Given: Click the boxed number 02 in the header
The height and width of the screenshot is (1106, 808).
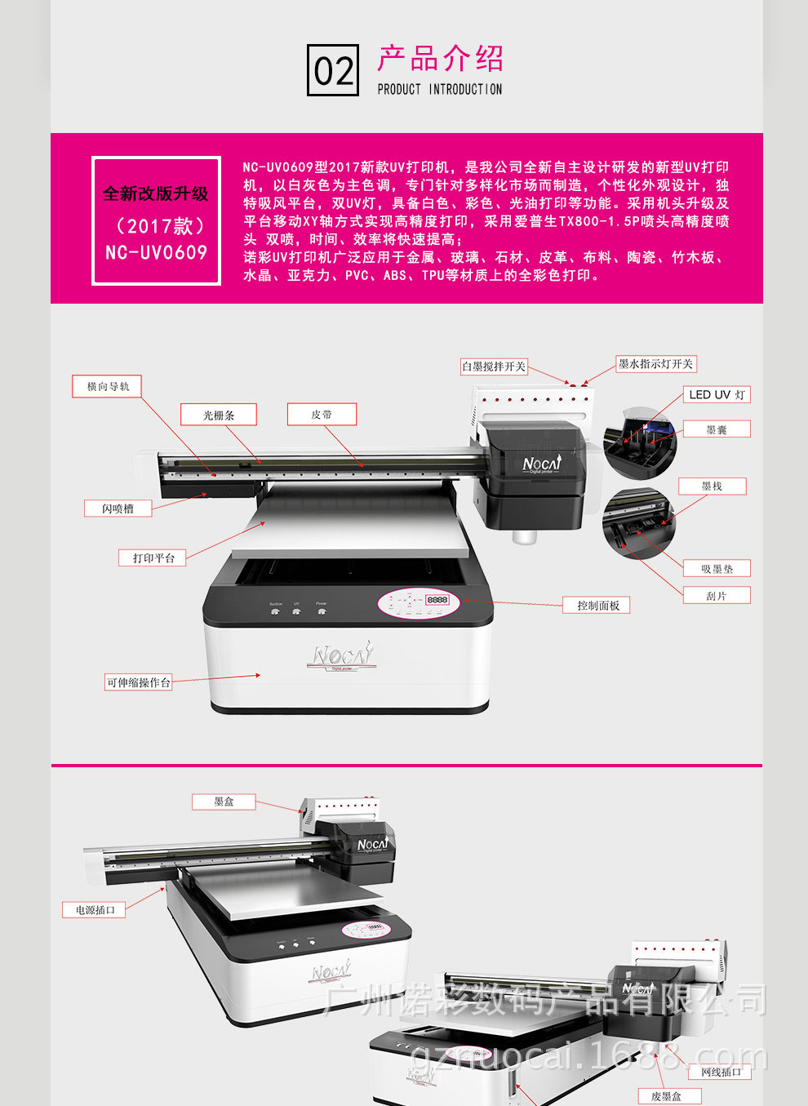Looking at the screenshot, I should pyautogui.click(x=333, y=71).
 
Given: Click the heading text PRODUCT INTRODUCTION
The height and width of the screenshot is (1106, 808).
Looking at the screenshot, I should pyautogui.click(x=439, y=89).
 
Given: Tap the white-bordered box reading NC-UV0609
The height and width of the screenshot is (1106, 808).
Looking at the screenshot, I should pyautogui.click(x=156, y=221).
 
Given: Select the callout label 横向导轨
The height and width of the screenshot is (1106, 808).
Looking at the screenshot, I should pyautogui.click(x=107, y=386).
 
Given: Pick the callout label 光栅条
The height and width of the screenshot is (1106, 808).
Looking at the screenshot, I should pyautogui.click(x=219, y=415).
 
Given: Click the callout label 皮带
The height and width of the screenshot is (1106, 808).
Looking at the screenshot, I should pyautogui.click(x=322, y=415).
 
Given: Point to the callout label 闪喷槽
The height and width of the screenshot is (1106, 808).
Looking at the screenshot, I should pyautogui.click(x=118, y=509).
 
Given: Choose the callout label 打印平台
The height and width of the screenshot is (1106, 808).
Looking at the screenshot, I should pyautogui.click(x=153, y=557).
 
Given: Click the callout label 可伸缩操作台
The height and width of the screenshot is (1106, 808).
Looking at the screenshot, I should pyautogui.click(x=138, y=682).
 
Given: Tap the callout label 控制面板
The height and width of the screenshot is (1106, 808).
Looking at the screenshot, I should pyautogui.click(x=597, y=605).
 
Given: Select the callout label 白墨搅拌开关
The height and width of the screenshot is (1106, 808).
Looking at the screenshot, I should pyautogui.click(x=494, y=366).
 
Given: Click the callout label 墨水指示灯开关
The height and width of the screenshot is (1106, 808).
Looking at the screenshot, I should pyautogui.click(x=655, y=364).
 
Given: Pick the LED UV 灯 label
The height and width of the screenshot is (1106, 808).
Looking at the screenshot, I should pyautogui.click(x=716, y=394).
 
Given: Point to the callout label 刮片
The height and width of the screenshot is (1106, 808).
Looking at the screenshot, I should pyautogui.click(x=716, y=596).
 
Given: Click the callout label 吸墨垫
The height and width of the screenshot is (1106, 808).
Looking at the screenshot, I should pyautogui.click(x=716, y=569).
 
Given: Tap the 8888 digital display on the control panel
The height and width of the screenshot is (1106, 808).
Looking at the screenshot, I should pyautogui.click(x=437, y=600).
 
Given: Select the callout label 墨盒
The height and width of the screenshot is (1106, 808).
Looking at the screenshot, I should pyautogui.click(x=224, y=802).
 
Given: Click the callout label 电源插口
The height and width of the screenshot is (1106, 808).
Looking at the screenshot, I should pyautogui.click(x=95, y=909).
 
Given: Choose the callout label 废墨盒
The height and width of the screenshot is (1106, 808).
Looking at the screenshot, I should pyautogui.click(x=666, y=1096).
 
